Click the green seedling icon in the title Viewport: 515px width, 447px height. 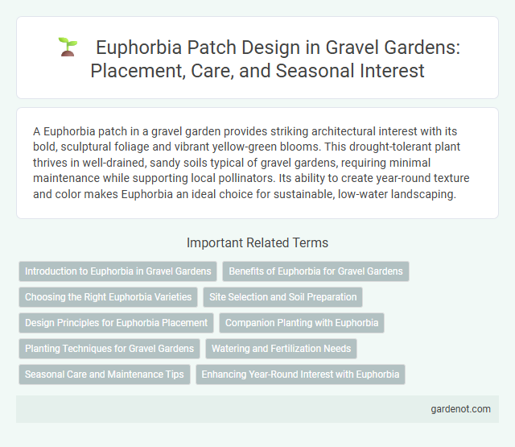(68, 48)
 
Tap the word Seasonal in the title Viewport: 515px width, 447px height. (284, 71)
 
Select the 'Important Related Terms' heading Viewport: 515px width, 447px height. (257, 242)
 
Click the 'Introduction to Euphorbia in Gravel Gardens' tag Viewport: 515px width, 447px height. (117, 271)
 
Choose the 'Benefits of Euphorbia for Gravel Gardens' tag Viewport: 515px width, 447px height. (315, 271)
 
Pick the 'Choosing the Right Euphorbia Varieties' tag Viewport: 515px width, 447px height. (108, 297)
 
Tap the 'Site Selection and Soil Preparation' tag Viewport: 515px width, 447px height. (282, 297)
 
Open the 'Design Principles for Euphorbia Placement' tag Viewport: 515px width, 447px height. (116, 323)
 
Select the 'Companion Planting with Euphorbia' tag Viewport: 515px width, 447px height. (302, 323)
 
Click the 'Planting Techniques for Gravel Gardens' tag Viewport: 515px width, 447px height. (109, 349)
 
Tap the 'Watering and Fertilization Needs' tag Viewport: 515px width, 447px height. (281, 349)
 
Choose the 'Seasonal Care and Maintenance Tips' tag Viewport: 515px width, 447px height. (105, 375)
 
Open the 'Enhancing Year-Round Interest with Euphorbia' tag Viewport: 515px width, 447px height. (300, 375)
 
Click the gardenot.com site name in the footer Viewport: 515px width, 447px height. (461, 409)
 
